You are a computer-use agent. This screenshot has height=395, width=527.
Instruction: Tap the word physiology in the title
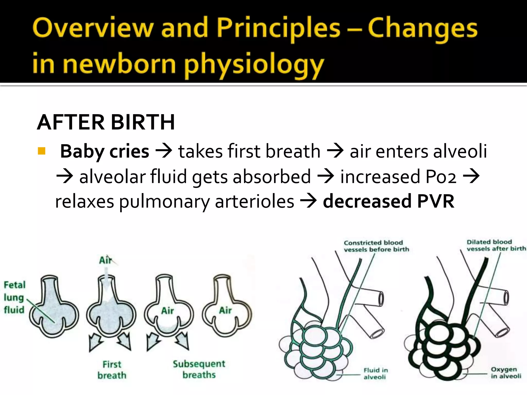pos(253,64)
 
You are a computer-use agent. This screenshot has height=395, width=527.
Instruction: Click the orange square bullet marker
pos(41,151)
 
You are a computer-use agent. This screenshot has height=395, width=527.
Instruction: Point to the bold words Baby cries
pos(104,151)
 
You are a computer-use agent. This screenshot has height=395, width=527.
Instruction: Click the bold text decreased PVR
pos(389,201)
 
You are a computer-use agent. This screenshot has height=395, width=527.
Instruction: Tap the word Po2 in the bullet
pos(441,177)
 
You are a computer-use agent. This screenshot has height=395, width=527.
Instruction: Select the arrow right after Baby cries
pos(164,151)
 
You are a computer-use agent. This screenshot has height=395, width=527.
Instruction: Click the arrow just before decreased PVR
pos(308,201)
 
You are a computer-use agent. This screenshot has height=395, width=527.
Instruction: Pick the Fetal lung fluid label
pos(14,297)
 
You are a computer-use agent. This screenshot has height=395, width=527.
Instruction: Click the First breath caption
pos(112,370)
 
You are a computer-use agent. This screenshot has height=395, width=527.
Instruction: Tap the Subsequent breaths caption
pos(199,369)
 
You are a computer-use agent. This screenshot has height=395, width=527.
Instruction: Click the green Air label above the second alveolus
pos(106,260)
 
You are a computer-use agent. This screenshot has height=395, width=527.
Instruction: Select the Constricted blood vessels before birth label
pos(376,246)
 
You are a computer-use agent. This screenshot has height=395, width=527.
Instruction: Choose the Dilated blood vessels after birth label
pos(496,245)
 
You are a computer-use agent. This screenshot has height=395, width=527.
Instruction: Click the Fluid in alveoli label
pos(375,373)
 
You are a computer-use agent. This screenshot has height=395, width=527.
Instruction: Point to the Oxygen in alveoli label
pos(506,373)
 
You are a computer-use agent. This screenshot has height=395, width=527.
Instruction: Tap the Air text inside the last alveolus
pos(225,310)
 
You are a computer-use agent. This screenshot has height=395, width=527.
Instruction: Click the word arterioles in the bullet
pos(254,201)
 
